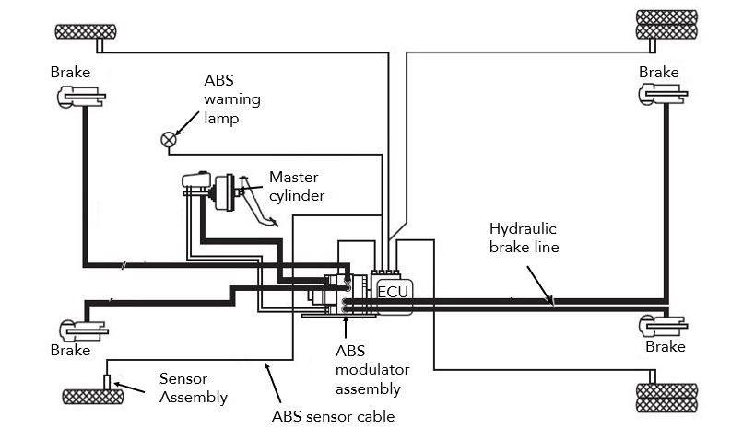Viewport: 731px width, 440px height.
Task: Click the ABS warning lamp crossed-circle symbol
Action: [168, 139]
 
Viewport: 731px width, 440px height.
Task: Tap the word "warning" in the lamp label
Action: [233, 100]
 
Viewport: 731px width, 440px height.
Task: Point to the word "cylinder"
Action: [296, 196]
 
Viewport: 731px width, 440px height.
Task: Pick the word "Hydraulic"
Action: [523, 228]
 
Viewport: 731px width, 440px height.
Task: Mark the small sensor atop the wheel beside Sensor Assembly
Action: [107, 381]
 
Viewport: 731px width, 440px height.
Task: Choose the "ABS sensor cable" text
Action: [333, 416]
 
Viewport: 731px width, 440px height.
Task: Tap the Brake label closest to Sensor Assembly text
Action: [70, 350]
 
